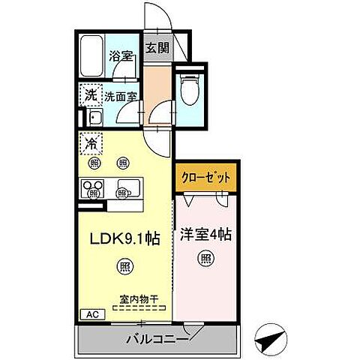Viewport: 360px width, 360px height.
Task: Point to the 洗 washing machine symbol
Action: (90, 95)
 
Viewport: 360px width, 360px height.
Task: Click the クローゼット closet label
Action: (207, 178)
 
